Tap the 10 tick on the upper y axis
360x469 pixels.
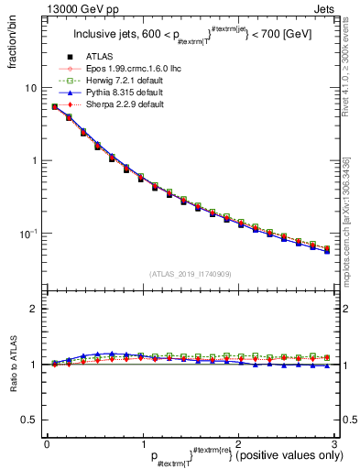[31, 88]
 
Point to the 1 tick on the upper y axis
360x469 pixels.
[35, 161]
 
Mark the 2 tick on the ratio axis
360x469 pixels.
[35, 310]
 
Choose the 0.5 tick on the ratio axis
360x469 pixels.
[31, 420]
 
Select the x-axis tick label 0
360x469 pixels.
[47, 442]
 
